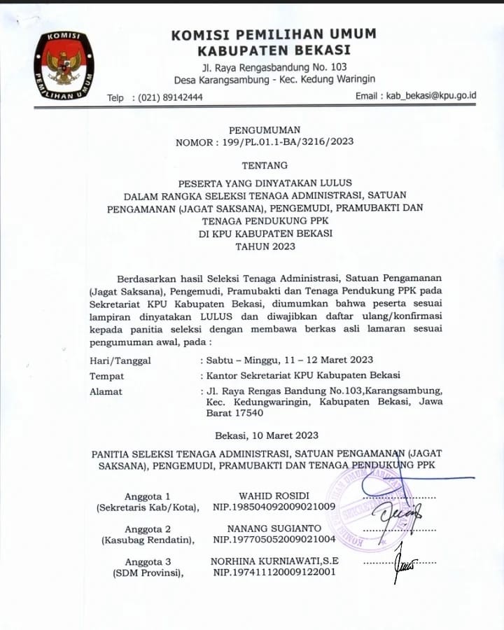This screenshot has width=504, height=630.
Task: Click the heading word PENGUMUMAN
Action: [x=264, y=129]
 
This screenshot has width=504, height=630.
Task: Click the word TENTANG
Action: [x=264, y=166]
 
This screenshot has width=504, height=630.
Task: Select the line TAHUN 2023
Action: [x=265, y=246]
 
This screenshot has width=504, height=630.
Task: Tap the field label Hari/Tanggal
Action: [x=120, y=360]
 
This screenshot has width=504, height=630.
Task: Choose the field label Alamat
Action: [x=106, y=391]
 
